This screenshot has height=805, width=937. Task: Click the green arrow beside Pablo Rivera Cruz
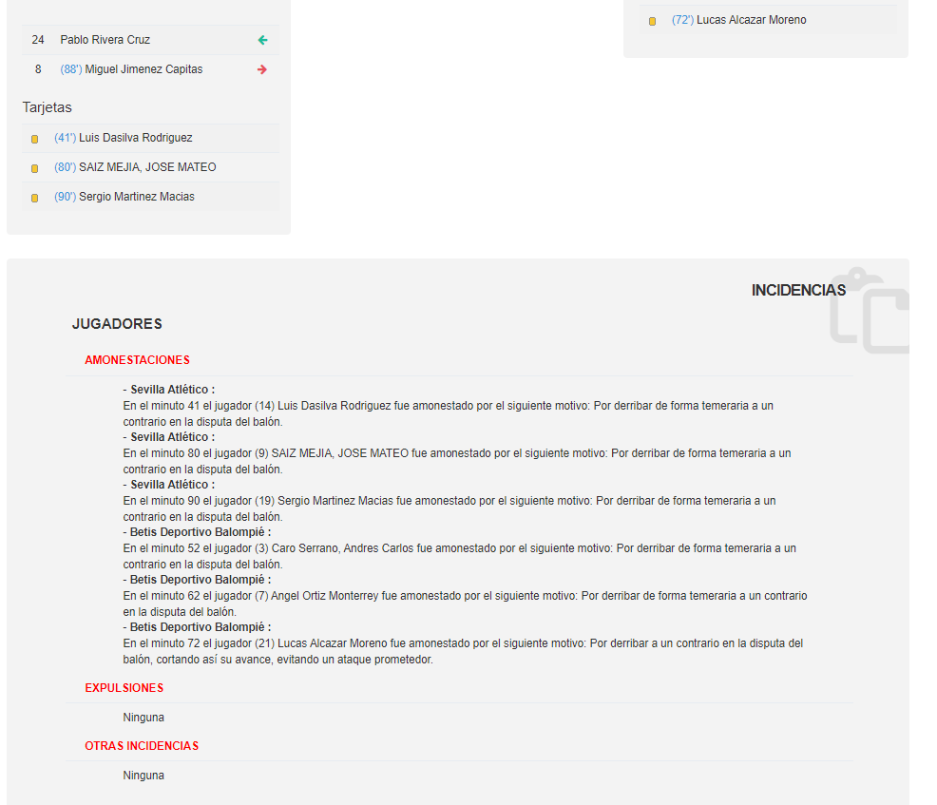[263, 40]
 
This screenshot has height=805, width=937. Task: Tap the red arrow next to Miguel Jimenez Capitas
[263, 69]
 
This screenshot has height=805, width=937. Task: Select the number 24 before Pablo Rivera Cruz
[38, 40]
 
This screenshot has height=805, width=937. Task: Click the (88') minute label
[71, 69]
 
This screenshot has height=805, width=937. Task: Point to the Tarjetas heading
[48, 107]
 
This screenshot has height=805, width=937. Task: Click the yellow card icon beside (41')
[35, 139]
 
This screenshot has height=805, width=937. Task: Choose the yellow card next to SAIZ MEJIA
[35, 168]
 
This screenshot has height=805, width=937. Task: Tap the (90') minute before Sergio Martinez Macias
[65, 197]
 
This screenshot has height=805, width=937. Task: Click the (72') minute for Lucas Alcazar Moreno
[682, 20]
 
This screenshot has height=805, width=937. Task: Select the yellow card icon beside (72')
[653, 21]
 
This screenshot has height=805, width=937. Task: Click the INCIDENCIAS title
[798, 290]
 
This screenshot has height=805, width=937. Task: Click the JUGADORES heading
[117, 324]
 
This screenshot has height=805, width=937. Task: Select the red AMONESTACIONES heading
[137, 360]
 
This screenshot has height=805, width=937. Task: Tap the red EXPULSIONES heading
[124, 688]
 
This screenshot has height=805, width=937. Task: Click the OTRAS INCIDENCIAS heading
[142, 746]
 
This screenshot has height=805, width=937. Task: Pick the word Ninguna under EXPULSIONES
[143, 718]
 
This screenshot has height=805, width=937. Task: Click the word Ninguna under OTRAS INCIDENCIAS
[143, 776]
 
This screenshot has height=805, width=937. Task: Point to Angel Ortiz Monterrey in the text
[325, 596]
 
